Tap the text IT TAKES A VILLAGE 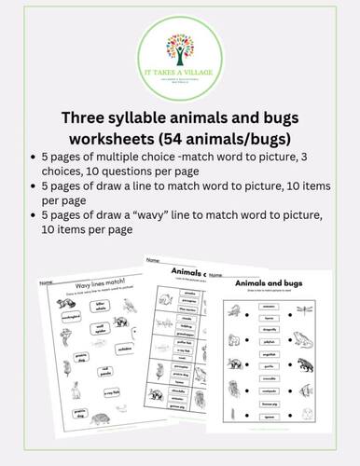(179, 72)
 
